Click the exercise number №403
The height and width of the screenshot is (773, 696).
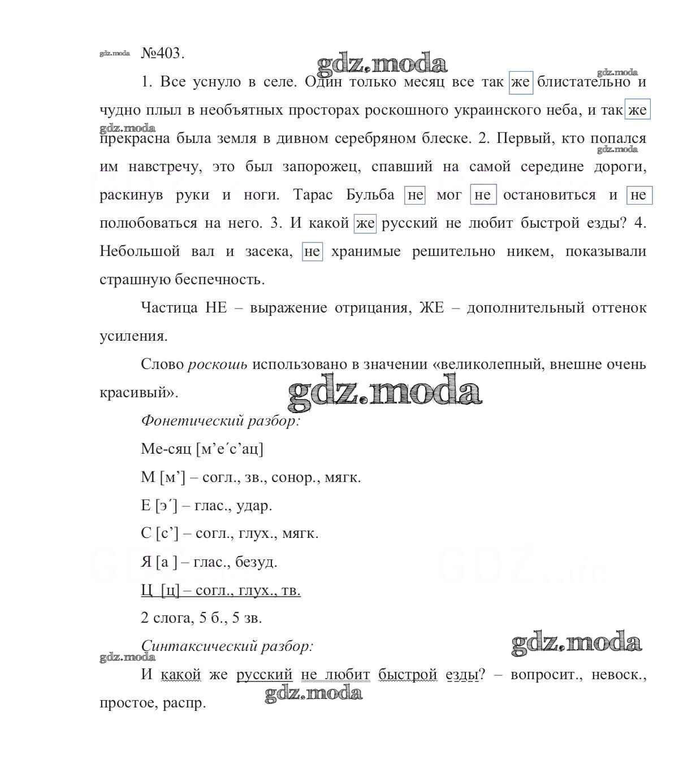pos(162,54)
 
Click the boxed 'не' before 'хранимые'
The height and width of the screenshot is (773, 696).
pos(312,251)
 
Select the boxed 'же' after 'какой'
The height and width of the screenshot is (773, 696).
pos(365,223)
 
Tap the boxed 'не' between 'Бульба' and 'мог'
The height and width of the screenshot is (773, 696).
pos(415,195)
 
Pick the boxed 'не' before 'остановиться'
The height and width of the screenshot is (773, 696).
pos(483,195)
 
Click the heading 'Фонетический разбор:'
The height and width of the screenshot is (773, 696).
pos(220,421)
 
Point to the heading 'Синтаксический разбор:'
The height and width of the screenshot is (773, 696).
pos(227,646)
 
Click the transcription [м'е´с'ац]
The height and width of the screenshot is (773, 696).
pos(230,449)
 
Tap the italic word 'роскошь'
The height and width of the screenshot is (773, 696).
pos(218,364)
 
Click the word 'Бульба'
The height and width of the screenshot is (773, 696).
pos(370,195)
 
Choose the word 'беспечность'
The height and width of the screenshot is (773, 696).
pos(224,280)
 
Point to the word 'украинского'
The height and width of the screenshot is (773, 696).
pos(493,110)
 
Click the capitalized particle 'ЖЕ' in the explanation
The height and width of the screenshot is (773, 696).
pos(431,308)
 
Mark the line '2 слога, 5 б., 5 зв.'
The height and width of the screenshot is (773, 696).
pos(201,618)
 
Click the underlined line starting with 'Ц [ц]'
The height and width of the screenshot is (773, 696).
pos(221,590)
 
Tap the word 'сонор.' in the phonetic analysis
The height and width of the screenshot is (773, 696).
pos(296,477)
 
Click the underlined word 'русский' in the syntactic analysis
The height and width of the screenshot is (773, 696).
pos(264,674)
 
